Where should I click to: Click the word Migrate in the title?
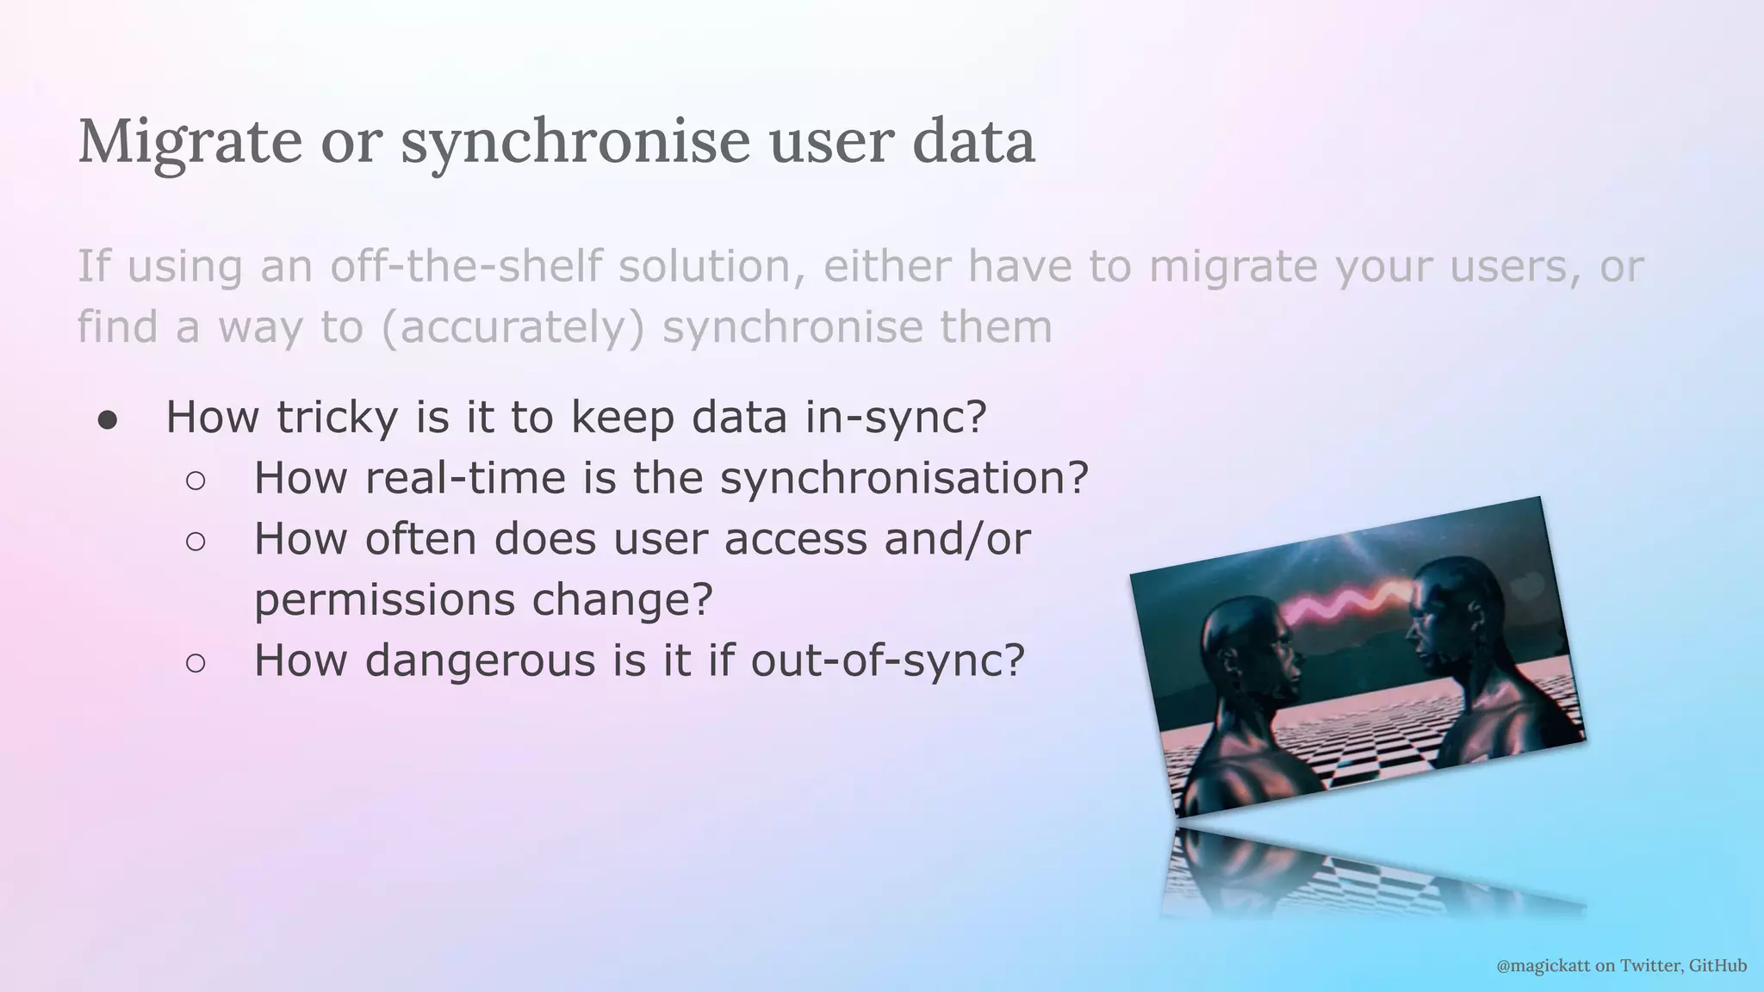pyautogui.click(x=189, y=142)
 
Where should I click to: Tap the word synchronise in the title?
pyautogui.click(x=575, y=142)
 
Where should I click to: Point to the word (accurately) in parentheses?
pyautogui.click(x=512, y=327)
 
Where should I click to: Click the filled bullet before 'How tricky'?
pyautogui.click(x=107, y=419)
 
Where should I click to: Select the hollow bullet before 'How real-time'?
pyautogui.click(x=196, y=480)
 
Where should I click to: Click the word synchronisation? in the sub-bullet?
pyautogui.click(x=904, y=479)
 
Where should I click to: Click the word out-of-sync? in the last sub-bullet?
pyautogui.click(x=887, y=661)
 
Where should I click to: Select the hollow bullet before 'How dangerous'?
pyautogui.click(x=196, y=663)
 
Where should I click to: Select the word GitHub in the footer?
pyautogui.click(x=1717, y=966)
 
